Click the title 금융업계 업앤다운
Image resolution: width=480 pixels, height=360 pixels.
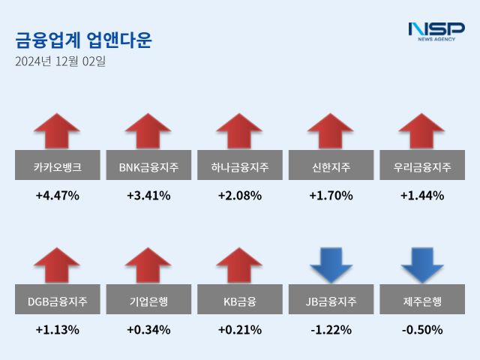click(83, 40)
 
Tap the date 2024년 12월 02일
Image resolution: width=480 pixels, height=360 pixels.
click(60, 61)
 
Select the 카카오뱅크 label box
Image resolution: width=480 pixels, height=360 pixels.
click(57, 166)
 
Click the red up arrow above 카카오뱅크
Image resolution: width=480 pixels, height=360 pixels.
click(57, 132)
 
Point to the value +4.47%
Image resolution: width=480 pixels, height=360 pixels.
click(57, 196)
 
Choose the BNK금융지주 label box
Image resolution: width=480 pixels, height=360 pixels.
click(148, 166)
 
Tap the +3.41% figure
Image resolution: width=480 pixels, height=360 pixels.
click(148, 196)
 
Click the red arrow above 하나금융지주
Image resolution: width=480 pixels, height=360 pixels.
click(239, 132)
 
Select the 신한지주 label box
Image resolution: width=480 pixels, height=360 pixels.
click(331, 166)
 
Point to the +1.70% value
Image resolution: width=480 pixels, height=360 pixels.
click(331, 196)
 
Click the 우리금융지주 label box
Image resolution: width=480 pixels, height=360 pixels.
click(422, 166)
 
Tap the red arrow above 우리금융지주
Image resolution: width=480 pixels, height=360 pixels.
click(422, 132)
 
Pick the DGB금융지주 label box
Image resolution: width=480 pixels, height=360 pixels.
click(57, 301)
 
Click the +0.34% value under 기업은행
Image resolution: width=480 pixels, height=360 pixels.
click(148, 329)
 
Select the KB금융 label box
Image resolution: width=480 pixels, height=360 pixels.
click(239, 301)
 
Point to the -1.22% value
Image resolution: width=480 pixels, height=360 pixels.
click(331, 329)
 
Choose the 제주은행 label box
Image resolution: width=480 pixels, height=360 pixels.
click(422, 301)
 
